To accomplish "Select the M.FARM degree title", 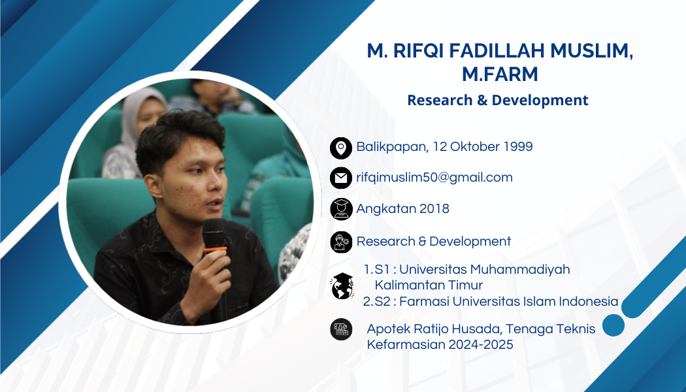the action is (500, 74).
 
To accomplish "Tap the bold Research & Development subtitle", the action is (498, 100).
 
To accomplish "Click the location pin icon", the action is (341, 148).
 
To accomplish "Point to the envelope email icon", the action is (341, 178).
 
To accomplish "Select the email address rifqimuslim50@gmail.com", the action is (434, 178).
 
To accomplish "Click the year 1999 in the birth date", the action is (518, 146).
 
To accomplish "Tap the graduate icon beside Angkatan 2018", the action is (341, 208).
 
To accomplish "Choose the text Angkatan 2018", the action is (402, 208).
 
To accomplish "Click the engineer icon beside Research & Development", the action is (341, 242).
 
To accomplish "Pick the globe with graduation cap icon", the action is (342, 286).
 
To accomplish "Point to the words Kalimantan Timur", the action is (429, 285).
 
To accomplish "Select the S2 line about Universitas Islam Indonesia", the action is (491, 301).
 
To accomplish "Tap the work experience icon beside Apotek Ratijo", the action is (341, 329).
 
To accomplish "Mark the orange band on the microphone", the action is (214, 250).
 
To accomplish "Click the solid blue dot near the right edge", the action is (613, 325).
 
